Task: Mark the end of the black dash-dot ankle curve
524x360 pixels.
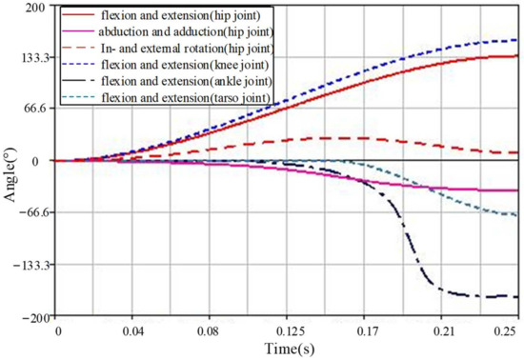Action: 516,296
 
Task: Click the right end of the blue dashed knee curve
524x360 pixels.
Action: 516,40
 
